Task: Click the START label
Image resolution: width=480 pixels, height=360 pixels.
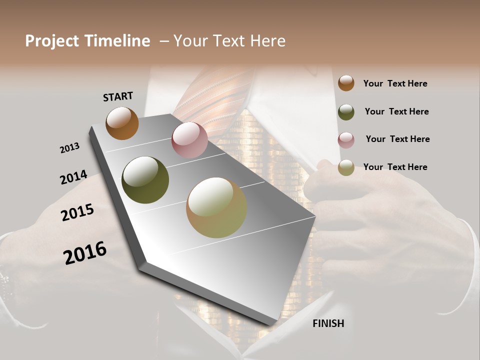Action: pos(118,96)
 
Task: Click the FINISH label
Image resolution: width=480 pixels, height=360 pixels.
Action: pos(328,323)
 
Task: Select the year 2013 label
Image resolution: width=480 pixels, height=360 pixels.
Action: pos(69,148)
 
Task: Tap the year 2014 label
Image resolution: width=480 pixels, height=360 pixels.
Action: pos(73,177)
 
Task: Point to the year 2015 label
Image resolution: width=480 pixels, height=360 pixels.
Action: pos(77,212)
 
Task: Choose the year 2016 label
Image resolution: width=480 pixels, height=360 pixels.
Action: pos(85,253)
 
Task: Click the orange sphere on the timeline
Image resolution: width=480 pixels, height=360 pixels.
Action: pos(122,123)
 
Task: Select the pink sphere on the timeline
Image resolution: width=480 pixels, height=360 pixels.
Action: pos(189,140)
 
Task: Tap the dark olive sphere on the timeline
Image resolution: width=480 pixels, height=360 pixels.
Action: pos(145,180)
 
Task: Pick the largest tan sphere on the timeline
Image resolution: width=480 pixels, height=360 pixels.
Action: pos(216,207)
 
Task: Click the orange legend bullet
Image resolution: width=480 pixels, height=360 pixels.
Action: pos(346,83)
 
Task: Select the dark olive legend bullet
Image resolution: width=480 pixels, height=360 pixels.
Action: pos(346,111)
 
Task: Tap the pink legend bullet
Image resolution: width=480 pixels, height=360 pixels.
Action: pos(346,140)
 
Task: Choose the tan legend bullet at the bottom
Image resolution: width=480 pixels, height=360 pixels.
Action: pos(346,167)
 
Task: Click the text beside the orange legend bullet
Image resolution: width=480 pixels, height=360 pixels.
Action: pos(395,83)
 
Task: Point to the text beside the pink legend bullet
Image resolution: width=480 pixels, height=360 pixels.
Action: pos(397,139)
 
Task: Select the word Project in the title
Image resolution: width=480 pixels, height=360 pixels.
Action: pos(51,41)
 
